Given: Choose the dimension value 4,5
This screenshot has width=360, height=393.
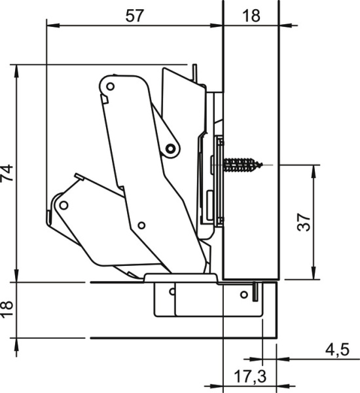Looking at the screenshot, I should (336, 350).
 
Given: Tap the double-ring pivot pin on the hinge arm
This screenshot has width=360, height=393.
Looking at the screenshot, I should (171, 149).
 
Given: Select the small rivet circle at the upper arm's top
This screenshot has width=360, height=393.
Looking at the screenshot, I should (111, 86).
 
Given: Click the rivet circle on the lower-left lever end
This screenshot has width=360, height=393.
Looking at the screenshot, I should (63, 205).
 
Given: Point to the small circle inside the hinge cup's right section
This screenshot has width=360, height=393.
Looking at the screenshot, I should (244, 295).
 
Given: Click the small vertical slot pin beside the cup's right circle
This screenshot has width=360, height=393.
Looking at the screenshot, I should (255, 289).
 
